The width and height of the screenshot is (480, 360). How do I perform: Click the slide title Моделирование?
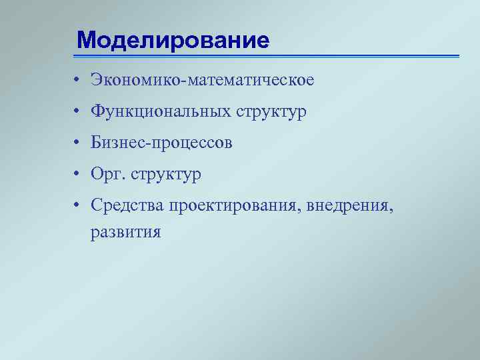click(173, 40)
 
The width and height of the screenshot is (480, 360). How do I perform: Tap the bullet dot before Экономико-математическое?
click(78, 81)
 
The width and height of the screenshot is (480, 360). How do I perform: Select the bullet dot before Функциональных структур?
click(78, 113)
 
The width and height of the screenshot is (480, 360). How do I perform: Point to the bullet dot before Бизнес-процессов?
click(78, 144)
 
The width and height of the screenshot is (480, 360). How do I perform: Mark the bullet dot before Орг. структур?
click(78, 175)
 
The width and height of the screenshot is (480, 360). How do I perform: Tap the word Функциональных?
click(161, 112)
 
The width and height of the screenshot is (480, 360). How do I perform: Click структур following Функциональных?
click(271, 113)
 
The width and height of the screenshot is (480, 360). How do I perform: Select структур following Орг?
click(166, 176)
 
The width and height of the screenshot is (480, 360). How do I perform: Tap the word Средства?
click(128, 207)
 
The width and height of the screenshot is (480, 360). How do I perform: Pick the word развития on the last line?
click(127, 233)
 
